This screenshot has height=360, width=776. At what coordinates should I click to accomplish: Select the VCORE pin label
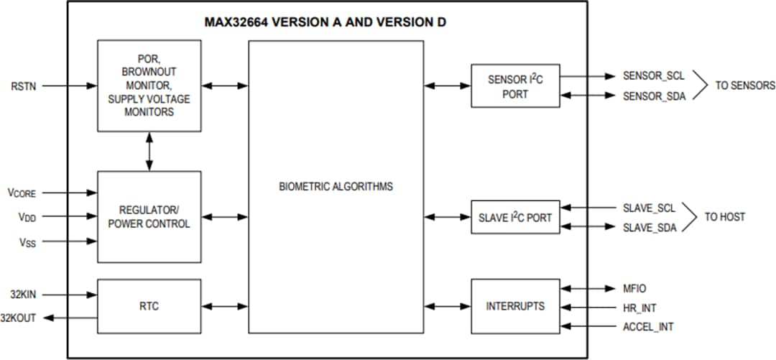(22, 193)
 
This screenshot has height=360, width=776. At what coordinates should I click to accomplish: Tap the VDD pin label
(22, 216)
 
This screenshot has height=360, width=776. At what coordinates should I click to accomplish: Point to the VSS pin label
(22, 242)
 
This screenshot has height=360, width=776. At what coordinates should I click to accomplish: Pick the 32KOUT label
(19, 318)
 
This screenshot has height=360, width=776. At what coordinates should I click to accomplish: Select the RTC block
(149, 306)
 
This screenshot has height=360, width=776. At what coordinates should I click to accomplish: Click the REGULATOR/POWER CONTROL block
(149, 216)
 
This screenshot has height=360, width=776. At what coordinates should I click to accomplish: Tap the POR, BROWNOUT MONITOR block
(149, 86)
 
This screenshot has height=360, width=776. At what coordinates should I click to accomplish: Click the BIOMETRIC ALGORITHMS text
(336, 187)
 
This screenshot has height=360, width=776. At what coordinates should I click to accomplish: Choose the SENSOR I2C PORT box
(515, 86)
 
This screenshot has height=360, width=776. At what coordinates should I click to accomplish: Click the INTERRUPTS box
(515, 306)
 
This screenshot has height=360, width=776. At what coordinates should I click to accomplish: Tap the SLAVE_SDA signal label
(649, 228)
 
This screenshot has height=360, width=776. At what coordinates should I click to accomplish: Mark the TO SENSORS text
(745, 86)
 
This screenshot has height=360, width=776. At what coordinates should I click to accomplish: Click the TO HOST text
(724, 217)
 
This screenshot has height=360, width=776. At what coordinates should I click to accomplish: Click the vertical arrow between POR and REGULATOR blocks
(149, 151)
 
